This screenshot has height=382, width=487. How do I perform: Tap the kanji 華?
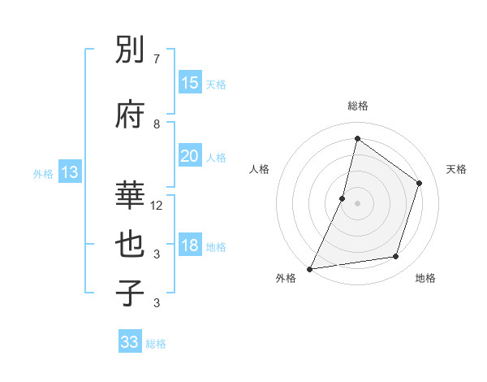tap(131, 194)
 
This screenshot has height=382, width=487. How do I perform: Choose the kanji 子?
tap(131, 293)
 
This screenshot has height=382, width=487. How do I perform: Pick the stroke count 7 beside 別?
tap(157, 59)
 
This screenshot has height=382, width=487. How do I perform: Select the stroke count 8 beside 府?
tap(157, 124)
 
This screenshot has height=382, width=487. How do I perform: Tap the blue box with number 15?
tap(190, 82)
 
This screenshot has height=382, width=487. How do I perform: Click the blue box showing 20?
tap(190, 156)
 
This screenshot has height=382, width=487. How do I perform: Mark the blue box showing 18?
tap(190, 246)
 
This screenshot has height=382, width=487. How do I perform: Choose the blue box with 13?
tap(70, 171)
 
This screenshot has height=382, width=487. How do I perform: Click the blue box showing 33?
tap(130, 342)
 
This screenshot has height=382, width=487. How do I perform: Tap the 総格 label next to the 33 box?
tap(156, 344)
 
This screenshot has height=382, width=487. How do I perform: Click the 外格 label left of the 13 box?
tap(43, 173)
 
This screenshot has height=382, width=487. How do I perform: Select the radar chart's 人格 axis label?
tap(259, 169)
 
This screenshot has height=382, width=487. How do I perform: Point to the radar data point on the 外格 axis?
tap(309, 268)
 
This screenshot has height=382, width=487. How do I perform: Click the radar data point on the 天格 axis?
tap(420, 183)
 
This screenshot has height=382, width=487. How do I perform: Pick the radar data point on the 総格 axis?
tap(357, 139)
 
